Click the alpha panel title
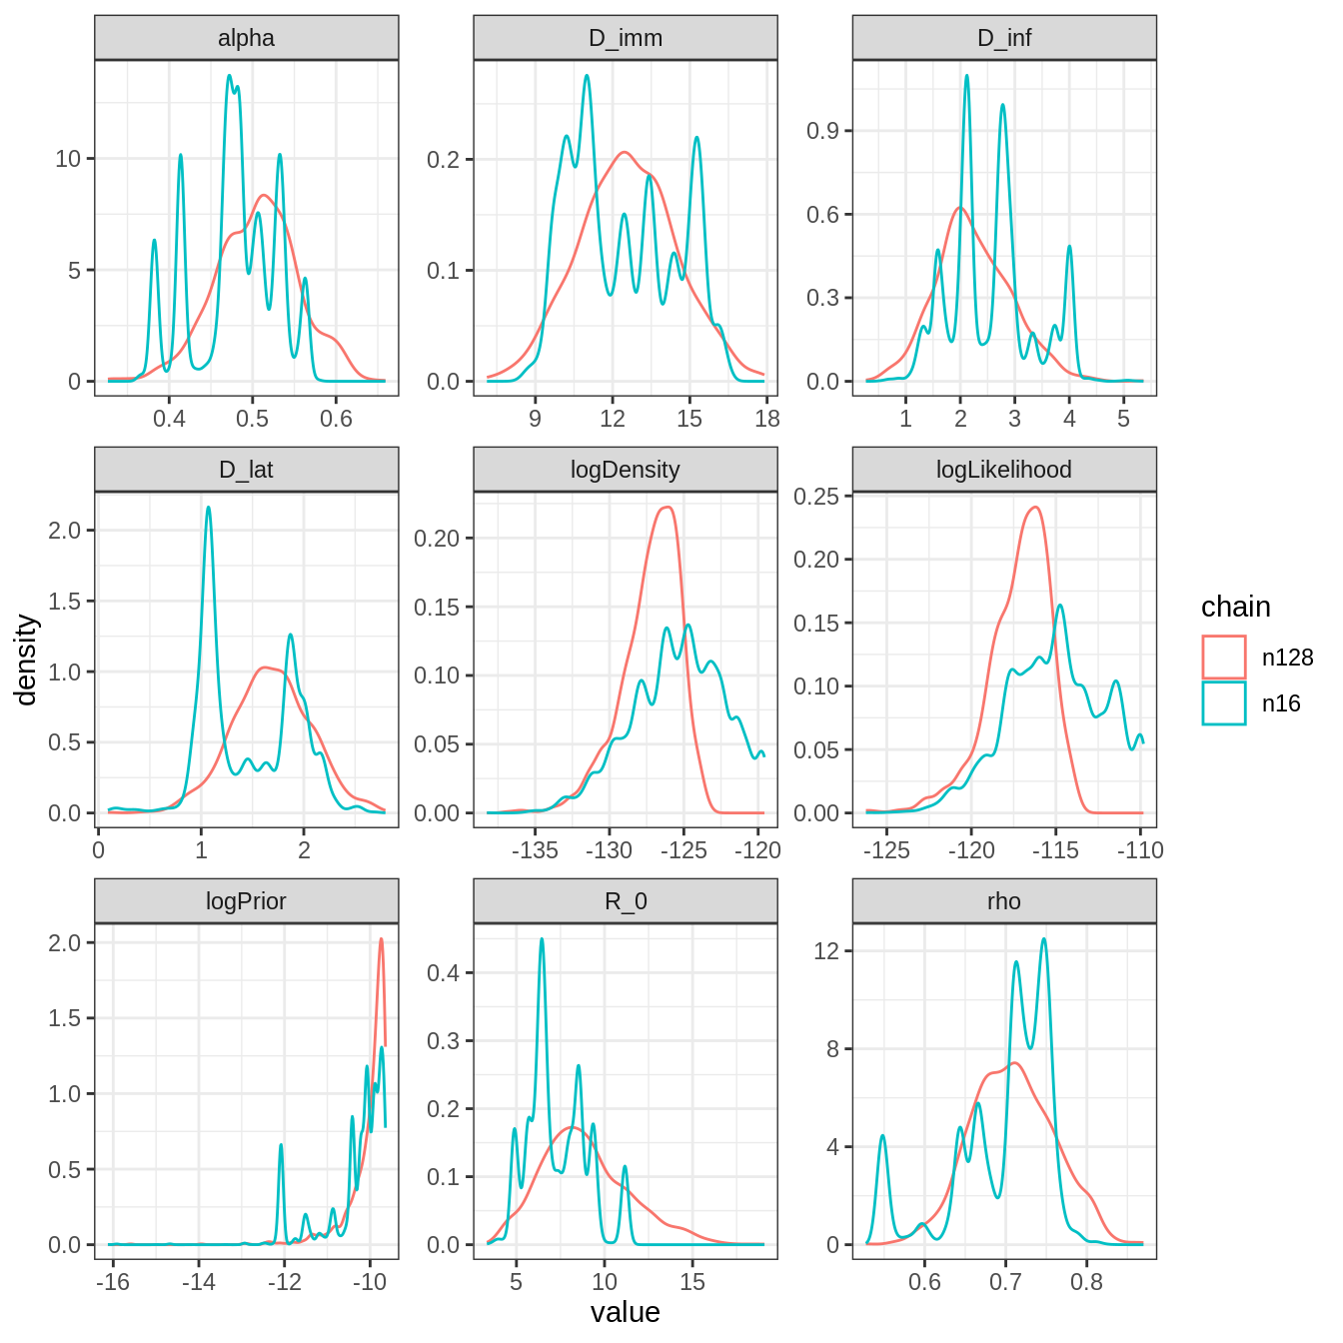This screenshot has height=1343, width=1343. coord(246,38)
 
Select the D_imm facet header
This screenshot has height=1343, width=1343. coord(626,38)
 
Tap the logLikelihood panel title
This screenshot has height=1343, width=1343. coord(1004,470)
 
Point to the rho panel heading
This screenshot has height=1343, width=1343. coord(1004,901)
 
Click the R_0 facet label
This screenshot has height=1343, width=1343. coord(626,901)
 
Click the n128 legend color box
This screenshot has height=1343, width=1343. coord(1224,658)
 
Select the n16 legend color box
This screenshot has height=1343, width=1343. coord(1224,703)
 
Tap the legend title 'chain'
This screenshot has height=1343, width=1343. coord(1236,608)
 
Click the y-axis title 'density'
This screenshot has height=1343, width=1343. coord(27,660)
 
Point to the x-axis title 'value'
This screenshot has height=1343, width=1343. coord(626,1312)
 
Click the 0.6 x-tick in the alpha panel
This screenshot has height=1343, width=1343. coord(337,419)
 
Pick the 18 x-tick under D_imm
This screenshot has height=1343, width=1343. coord(766,419)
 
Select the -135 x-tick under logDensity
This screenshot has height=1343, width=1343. coord(535,850)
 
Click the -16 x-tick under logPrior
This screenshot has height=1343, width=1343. coord(113,1282)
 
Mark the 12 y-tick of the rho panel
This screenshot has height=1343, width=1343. coord(826,951)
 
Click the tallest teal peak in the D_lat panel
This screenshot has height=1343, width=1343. coord(208,508)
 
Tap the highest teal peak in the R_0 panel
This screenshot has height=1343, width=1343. coord(542,939)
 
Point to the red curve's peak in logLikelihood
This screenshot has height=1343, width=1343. coord(1035,508)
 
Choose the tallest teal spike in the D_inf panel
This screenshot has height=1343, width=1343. coord(966,76)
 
